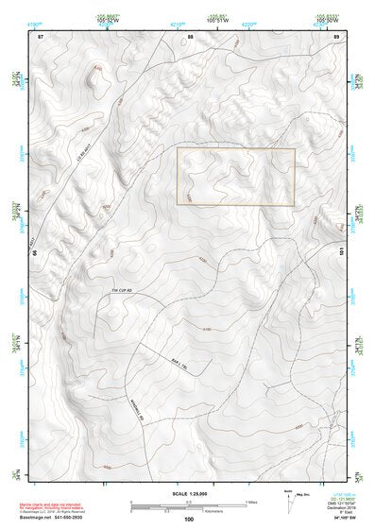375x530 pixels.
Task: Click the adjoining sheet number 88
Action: coord(189,36)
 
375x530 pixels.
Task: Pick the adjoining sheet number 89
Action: coord(336,36)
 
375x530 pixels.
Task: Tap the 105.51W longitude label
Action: coord(218,17)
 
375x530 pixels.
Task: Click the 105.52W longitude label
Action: coord(110,17)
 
